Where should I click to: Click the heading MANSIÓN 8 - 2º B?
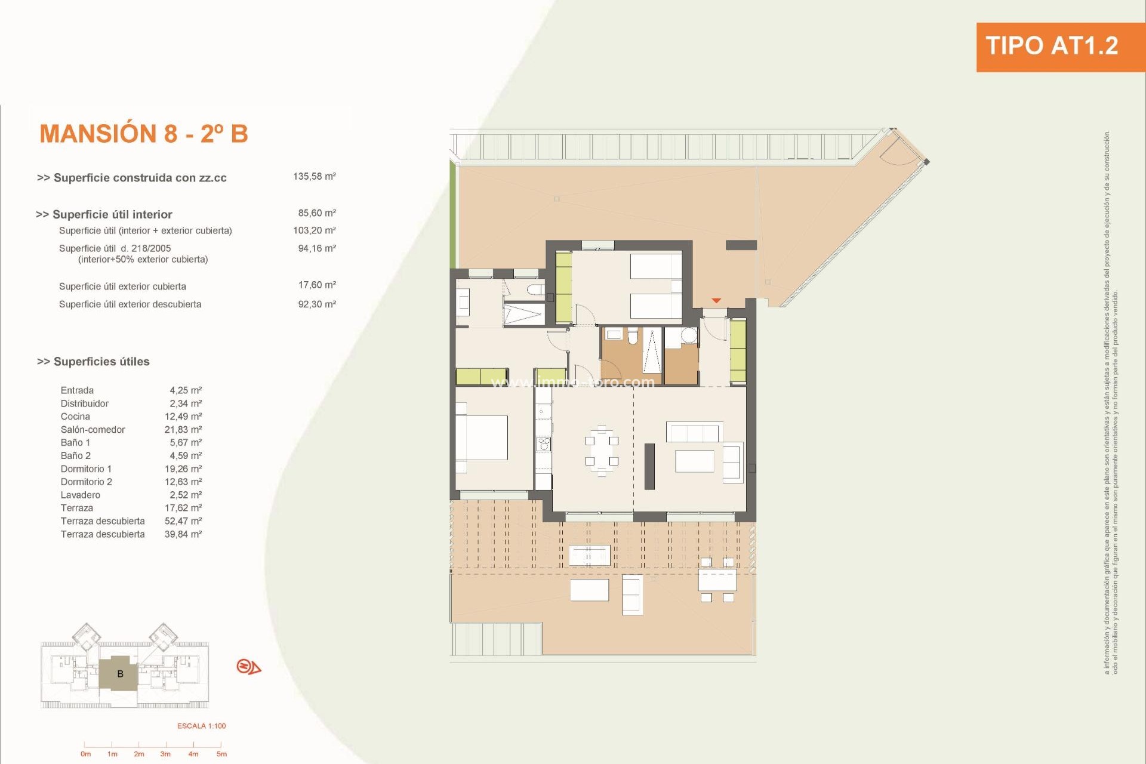coord(144,134)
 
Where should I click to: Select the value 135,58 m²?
coord(314,177)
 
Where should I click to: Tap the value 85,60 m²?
coord(317,213)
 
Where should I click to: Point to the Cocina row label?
coord(75,417)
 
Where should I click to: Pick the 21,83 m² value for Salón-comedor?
coord(183,430)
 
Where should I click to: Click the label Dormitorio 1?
coord(86,469)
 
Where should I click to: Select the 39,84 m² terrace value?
coord(183,534)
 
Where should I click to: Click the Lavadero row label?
coord(81,495)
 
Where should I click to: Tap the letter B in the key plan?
coord(120,674)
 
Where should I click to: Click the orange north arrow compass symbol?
coord(248,667)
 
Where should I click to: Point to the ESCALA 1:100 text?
coord(202,726)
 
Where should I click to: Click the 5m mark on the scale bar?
coord(221,754)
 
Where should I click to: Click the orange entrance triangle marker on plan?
coord(716,301)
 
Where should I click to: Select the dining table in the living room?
coord(602,451)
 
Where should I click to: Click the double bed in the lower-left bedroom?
coord(482,438)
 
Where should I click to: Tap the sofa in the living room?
coord(694,432)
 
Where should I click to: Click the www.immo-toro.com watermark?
coord(573,382)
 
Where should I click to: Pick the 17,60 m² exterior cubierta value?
coord(317,285)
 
